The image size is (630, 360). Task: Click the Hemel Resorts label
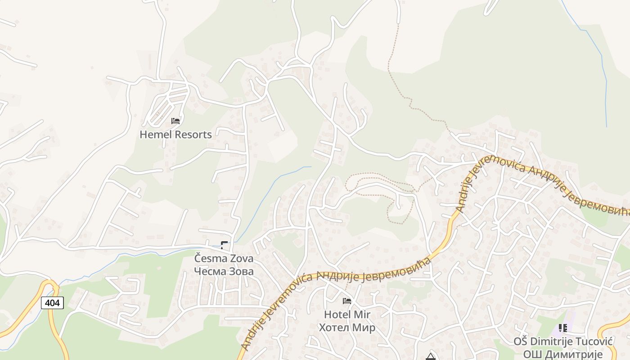point(175,135)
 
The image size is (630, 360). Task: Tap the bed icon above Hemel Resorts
point(175,121)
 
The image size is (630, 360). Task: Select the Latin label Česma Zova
point(224,259)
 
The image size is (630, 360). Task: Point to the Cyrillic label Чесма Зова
point(224,271)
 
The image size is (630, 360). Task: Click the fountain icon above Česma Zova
point(224,245)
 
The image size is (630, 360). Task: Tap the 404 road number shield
point(52,303)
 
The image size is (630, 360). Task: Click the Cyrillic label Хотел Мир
point(347,327)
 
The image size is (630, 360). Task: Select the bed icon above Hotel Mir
point(347,301)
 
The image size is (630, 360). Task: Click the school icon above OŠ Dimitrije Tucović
point(562,328)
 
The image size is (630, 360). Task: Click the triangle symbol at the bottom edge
point(431,357)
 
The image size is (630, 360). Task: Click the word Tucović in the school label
point(594,342)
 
